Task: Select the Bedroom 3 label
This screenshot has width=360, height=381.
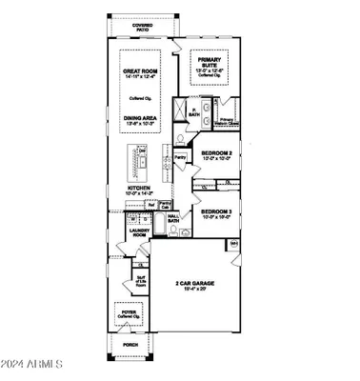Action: click(x=218, y=213)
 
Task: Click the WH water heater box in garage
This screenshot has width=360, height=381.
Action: click(x=234, y=245)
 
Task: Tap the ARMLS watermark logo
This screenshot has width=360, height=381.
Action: click(x=33, y=365)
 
